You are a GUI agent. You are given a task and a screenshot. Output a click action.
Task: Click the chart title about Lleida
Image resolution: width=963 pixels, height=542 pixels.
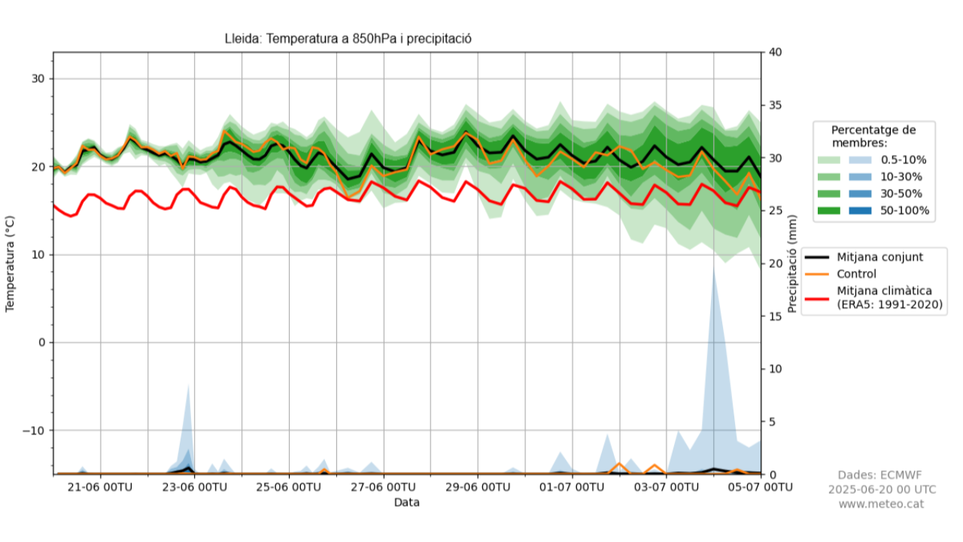[x=348, y=39]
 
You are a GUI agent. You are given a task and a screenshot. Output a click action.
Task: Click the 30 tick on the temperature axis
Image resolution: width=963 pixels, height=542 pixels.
[x=37, y=79]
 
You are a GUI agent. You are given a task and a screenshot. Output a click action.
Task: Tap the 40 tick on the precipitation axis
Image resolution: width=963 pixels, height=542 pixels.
[x=775, y=53]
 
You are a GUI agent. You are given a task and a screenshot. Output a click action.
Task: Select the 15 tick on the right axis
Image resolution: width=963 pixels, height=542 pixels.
[x=775, y=316]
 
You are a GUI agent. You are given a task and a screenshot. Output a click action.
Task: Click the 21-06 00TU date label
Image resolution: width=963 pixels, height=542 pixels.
[x=100, y=488]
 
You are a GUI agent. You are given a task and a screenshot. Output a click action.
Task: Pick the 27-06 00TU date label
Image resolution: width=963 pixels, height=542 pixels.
[x=384, y=488]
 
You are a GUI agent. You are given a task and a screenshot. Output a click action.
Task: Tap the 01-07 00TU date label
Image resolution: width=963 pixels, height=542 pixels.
[x=572, y=488]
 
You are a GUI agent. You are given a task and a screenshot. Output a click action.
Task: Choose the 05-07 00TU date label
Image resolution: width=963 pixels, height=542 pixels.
[x=760, y=488]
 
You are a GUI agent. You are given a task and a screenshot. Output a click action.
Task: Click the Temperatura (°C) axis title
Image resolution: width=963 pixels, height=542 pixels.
[x=11, y=263]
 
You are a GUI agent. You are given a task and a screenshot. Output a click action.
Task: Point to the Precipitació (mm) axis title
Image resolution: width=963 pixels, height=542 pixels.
[x=791, y=263]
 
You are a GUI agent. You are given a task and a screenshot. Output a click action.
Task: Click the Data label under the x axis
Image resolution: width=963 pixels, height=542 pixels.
[x=406, y=502]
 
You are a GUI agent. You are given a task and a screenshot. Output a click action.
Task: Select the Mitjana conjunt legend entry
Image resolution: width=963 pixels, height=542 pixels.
[x=879, y=257]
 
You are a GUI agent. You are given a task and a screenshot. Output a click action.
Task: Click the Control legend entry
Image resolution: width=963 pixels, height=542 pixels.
[x=856, y=274]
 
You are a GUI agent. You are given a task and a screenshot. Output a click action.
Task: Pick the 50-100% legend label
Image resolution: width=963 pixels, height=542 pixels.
[x=904, y=211]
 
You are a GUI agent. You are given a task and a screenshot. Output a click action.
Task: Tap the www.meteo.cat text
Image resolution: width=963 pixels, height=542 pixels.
[x=882, y=504]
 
